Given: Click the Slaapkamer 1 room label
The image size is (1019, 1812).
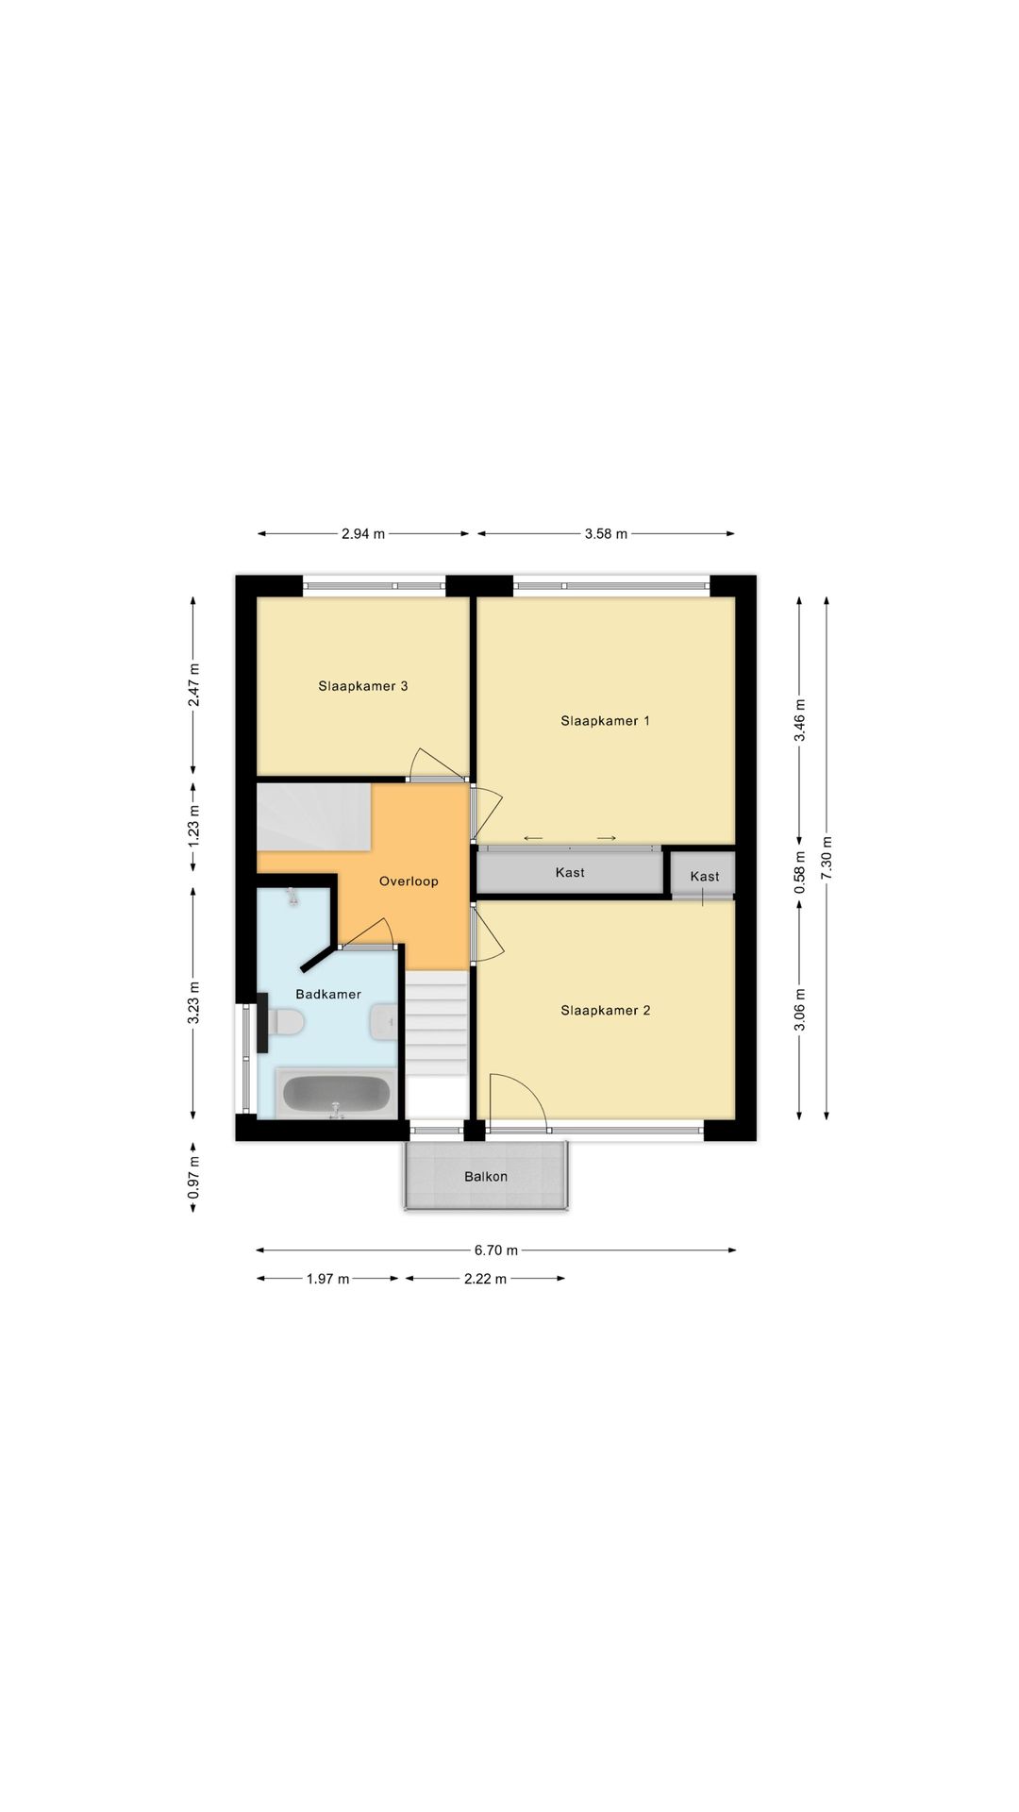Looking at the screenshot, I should [605, 721].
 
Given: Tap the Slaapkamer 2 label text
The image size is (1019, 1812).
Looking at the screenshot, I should [605, 1011].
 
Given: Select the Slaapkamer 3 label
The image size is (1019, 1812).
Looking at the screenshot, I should [362, 686].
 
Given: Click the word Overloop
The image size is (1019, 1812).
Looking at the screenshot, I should [409, 881].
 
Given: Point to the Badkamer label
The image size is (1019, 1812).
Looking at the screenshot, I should [327, 994].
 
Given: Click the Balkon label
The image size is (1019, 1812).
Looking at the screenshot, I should [485, 1177].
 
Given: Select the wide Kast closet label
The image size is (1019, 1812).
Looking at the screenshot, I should [569, 873].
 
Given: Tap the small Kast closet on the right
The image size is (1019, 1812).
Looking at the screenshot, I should [704, 877].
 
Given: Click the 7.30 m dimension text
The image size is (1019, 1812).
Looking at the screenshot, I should [827, 858].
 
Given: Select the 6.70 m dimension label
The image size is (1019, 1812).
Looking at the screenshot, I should [495, 1250].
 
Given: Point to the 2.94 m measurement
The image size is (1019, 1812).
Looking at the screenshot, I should [362, 534].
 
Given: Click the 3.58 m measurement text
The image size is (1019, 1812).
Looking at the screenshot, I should [605, 534].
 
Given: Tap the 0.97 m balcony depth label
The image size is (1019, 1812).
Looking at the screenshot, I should [192, 1178].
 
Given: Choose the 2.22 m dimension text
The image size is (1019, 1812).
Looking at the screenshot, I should [485, 1279].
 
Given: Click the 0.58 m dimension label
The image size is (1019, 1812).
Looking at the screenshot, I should [799, 873].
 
